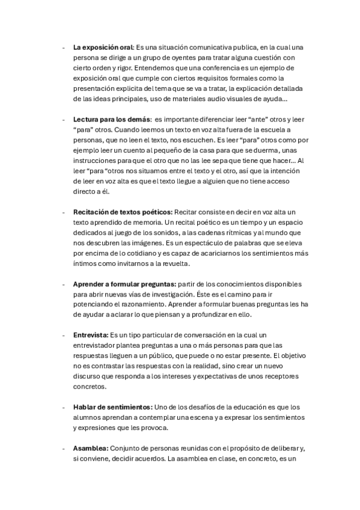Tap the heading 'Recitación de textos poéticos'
coord(123,212)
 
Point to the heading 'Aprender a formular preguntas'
coord(124,284)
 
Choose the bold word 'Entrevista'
coord(90,334)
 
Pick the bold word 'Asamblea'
coord(90,447)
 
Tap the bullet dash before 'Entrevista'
coord(64,334)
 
